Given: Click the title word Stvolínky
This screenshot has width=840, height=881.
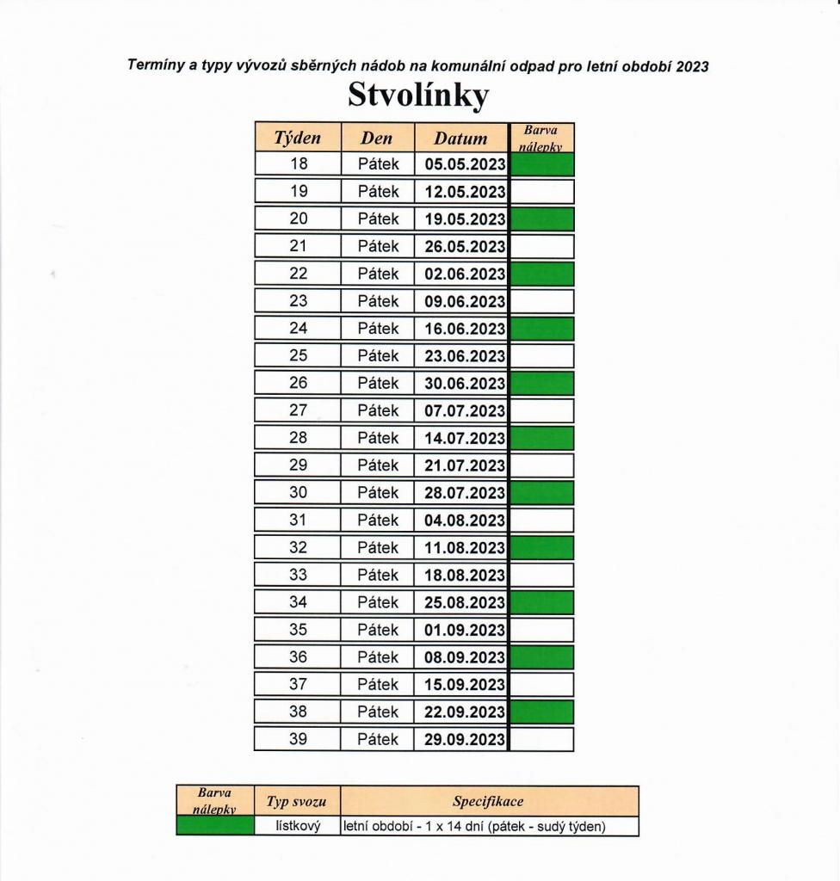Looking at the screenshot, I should click(x=418, y=95).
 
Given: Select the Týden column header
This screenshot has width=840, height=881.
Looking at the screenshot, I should click(x=297, y=138).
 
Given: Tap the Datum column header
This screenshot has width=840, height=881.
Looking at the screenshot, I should click(x=460, y=138).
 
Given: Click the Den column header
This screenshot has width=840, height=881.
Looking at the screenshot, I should click(x=377, y=138).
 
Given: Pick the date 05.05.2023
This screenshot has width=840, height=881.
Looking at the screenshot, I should click(x=465, y=164).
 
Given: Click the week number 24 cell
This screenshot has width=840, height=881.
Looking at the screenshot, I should click(x=298, y=329).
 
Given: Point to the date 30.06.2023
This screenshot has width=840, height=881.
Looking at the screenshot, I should click(x=465, y=384).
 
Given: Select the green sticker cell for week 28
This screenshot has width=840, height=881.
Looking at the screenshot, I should click(x=542, y=438).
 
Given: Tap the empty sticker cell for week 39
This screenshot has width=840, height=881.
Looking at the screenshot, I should click(x=542, y=740).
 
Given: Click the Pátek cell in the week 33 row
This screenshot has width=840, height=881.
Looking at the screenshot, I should click(x=378, y=575).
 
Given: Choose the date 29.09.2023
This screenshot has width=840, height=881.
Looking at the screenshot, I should click(x=465, y=740).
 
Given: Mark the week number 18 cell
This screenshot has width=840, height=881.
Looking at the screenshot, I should click(x=298, y=163).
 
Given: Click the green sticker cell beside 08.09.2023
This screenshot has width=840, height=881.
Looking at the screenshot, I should click(x=542, y=657).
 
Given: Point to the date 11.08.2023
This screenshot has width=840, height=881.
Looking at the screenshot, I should click(x=465, y=548).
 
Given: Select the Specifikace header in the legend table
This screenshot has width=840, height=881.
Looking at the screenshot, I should click(x=488, y=801).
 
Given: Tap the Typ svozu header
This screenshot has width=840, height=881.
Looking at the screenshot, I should click(x=296, y=802).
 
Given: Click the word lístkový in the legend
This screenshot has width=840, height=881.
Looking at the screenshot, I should click(x=297, y=827).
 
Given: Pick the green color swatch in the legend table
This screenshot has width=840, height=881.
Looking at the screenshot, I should click(x=214, y=827).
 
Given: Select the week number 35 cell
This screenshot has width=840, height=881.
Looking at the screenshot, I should click(x=298, y=630).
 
